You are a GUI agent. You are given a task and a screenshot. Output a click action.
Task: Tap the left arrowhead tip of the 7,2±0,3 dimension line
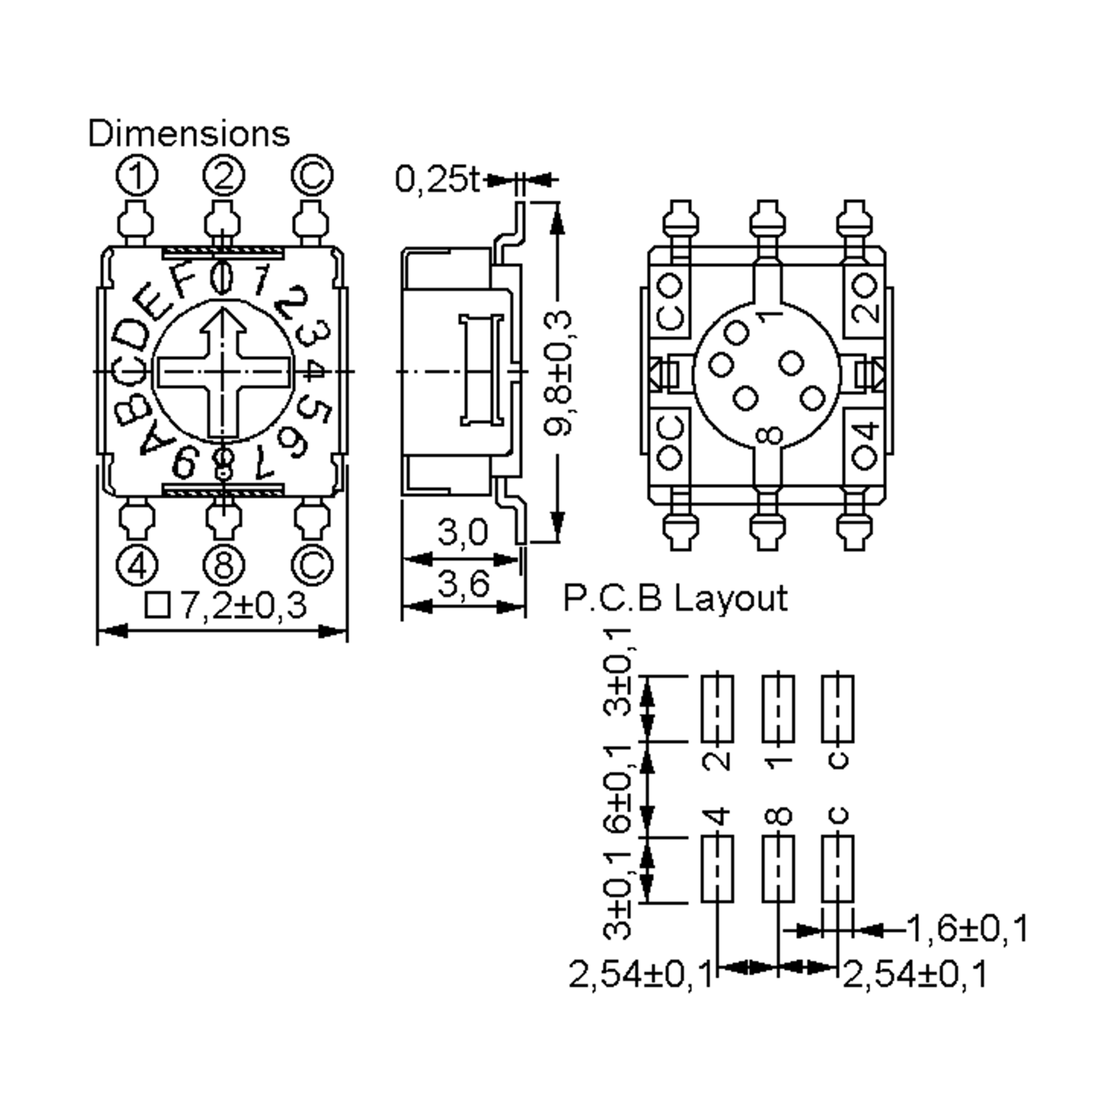tap(98, 631)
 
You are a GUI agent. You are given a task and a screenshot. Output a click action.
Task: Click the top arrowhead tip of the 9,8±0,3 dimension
tap(557, 203)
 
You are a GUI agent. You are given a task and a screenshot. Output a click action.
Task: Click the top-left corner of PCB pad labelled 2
tap(702, 676)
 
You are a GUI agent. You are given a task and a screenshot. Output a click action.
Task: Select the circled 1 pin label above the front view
tap(137, 176)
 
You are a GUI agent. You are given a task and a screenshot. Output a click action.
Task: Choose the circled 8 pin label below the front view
tap(224, 565)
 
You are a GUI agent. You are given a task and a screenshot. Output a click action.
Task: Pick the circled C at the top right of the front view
tap(312, 176)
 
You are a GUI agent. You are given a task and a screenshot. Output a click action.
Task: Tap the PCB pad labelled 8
tap(778, 869)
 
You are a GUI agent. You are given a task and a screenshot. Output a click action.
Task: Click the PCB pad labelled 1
tap(778, 708)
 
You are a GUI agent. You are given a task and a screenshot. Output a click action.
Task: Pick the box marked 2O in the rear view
tap(864, 301)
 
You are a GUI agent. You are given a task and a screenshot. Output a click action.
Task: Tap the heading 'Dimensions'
tap(189, 133)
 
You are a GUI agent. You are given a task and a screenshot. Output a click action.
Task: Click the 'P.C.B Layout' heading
tap(675, 598)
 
